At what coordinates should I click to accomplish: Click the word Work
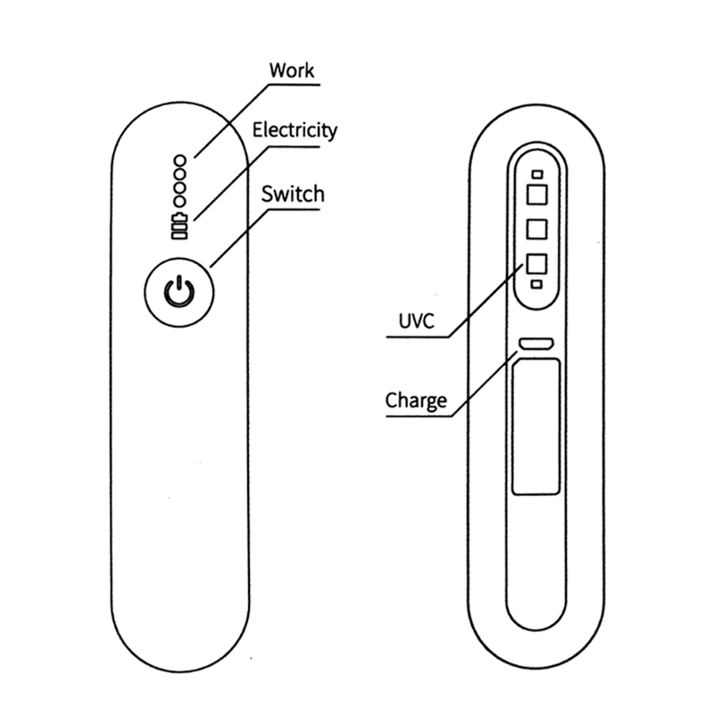(291, 70)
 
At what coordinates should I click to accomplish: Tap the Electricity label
(295, 129)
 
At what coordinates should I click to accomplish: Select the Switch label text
(293, 194)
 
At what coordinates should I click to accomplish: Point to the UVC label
(417, 321)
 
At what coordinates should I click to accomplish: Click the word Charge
(416, 400)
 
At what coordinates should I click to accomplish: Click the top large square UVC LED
(536, 195)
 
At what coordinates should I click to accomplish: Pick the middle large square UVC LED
(536, 228)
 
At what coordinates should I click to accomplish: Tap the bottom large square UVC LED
(536, 263)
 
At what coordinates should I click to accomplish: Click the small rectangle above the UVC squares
(536, 175)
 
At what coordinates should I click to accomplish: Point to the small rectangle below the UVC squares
(536, 283)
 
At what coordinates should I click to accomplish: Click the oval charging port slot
(536, 343)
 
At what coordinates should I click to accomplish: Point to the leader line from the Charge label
(483, 384)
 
